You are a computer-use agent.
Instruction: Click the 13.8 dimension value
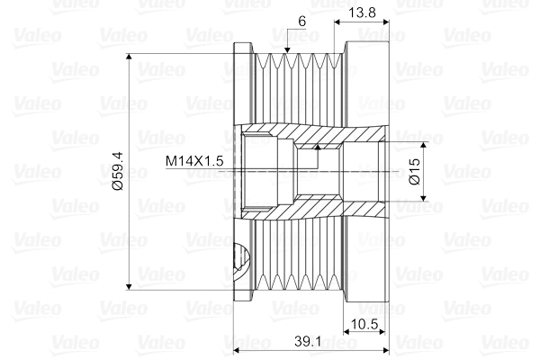point(362,13)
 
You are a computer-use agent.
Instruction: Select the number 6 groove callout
point(301,22)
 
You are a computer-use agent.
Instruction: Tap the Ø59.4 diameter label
point(118,171)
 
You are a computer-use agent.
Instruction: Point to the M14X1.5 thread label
point(194,161)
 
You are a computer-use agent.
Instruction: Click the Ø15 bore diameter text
point(415,171)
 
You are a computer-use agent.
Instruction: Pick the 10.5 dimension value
point(364,324)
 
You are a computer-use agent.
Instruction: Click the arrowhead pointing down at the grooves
point(287,50)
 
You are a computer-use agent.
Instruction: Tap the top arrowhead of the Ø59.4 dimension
point(129,58)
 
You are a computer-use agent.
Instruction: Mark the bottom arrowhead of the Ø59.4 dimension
point(129,286)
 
